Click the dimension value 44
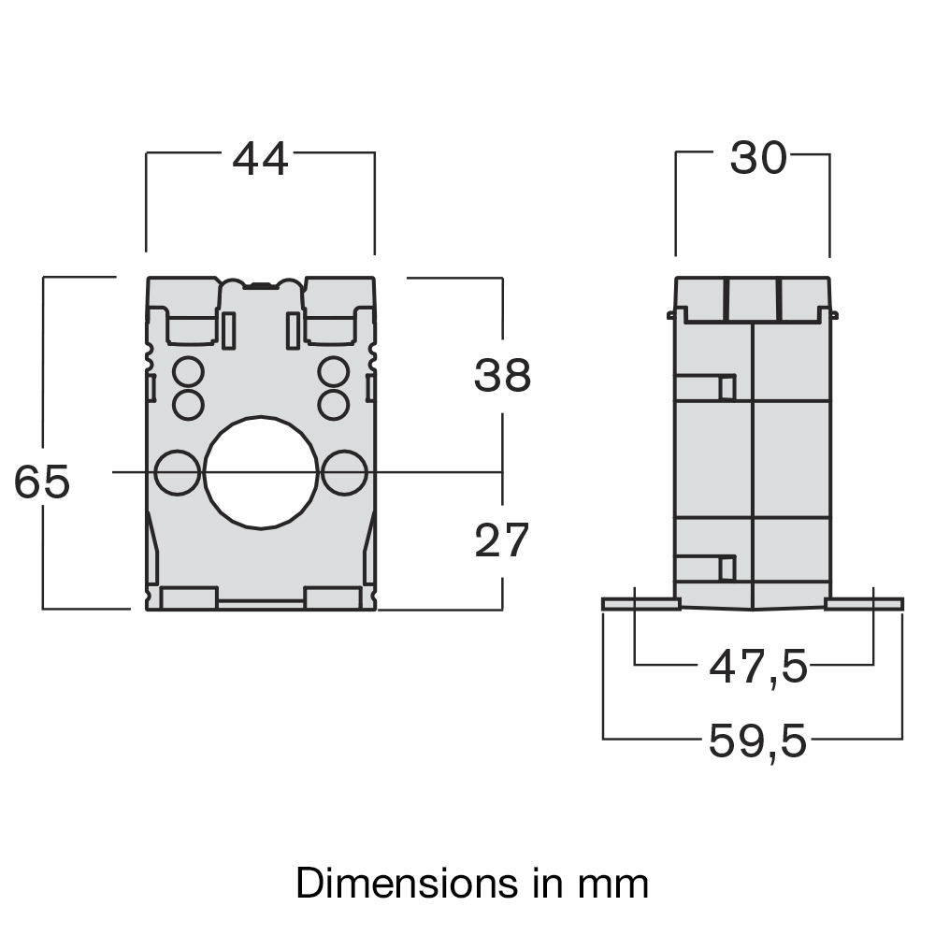(x=260, y=160)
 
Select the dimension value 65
(x=42, y=482)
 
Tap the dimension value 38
(x=502, y=376)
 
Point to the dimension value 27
(x=502, y=541)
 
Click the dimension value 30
(x=758, y=160)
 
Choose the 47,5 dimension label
(x=757, y=668)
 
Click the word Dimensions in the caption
(x=400, y=883)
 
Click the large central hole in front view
(x=261, y=472)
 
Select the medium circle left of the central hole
(x=177, y=472)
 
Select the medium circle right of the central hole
(x=344, y=472)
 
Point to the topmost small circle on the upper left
(x=188, y=371)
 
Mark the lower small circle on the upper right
(x=333, y=405)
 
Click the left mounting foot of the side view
(x=640, y=605)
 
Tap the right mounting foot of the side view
(x=865, y=605)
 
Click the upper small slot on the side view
(x=726, y=387)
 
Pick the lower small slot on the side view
(x=726, y=567)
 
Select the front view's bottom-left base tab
(x=189, y=598)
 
